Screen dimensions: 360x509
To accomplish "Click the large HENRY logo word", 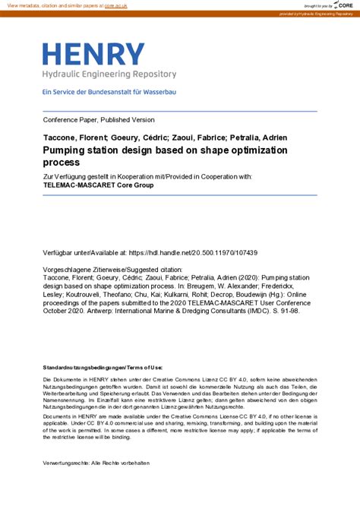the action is pos(93,55).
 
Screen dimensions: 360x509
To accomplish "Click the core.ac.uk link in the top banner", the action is pos(115,5).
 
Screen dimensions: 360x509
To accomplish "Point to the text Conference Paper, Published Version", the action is pos(99,120).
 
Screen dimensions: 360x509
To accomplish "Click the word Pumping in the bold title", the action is pos(67,150).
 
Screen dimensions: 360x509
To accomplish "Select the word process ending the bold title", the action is pos(61,162).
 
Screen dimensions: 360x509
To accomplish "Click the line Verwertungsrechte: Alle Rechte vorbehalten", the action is pos(96,463).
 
